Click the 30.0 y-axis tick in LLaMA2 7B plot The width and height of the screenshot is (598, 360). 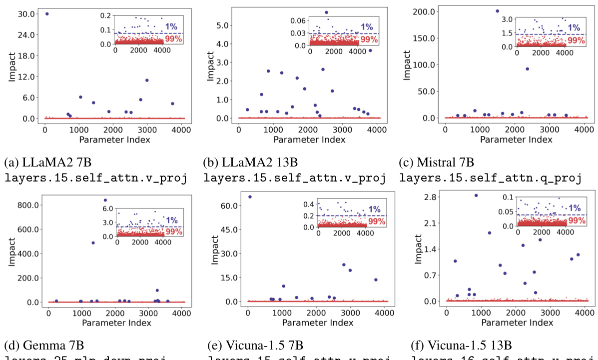pyautogui.click(x=26, y=14)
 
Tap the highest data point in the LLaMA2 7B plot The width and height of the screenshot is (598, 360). pyautogui.click(x=47, y=14)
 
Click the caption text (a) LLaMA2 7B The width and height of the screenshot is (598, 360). pyautogui.click(x=47, y=162)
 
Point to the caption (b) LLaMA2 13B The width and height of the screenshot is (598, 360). pyautogui.click(x=250, y=162)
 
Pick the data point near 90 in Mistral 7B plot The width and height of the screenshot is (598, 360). pyautogui.click(x=527, y=69)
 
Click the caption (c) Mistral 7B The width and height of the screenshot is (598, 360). pyautogui.click(x=436, y=162)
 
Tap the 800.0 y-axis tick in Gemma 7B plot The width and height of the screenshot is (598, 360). pyautogui.click(x=26, y=205)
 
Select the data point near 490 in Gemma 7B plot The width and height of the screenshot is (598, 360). pyautogui.click(x=93, y=243)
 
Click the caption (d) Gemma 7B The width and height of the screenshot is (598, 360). pyautogui.click(x=44, y=345)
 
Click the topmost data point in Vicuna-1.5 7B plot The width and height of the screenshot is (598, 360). pyautogui.click(x=250, y=196)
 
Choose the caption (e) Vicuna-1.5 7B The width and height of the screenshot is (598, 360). pyautogui.click(x=255, y=345)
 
